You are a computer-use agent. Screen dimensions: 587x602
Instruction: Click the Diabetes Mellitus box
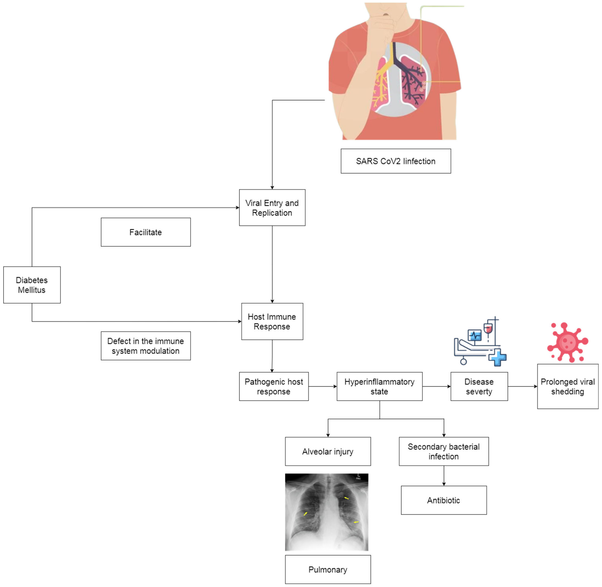(32, 285)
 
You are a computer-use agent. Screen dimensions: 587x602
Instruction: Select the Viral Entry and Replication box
(272, 208)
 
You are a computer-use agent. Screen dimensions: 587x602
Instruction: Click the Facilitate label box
(146, 232)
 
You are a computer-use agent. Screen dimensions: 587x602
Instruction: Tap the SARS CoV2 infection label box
(396, 161)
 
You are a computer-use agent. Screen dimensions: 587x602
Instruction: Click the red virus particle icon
(568, 342)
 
